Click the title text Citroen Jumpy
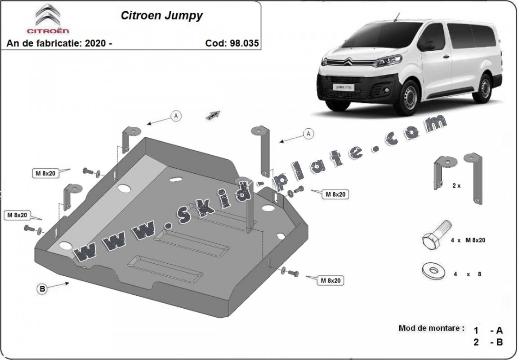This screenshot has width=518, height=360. [161, 15]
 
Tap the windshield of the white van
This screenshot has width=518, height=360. [382, 36]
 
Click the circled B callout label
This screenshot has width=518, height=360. [43, 289]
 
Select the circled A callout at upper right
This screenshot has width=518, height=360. [308, 133]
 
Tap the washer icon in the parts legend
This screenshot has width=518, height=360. [433, 271]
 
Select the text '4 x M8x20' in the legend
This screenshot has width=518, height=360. [468, 240]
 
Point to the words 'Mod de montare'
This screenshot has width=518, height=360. [431, 328]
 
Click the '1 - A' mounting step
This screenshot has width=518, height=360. [488, 330]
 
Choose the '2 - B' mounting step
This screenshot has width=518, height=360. [488, 342]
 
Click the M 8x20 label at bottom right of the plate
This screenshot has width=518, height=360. [331, 280]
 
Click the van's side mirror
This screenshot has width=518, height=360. [428, 46]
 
